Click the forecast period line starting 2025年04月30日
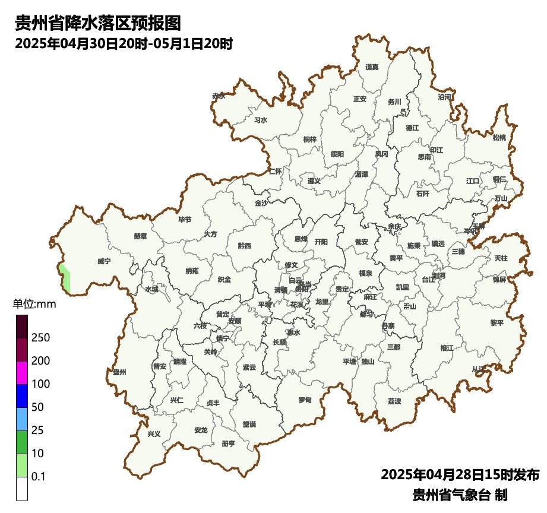(123, 44)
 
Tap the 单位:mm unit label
(34, 305)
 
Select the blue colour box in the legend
(22, 396)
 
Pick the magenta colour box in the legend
(22, 373)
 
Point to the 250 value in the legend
(40, 338)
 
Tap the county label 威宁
(104, 261)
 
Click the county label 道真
(372, 67)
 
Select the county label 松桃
(499, 138)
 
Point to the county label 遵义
(314, 180)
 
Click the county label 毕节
(185, 220)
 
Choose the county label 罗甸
(305, 400)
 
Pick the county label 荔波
(394, 401)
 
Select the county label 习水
(261, 120)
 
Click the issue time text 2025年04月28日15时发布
(460, 475)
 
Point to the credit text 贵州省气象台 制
(460, 495)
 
